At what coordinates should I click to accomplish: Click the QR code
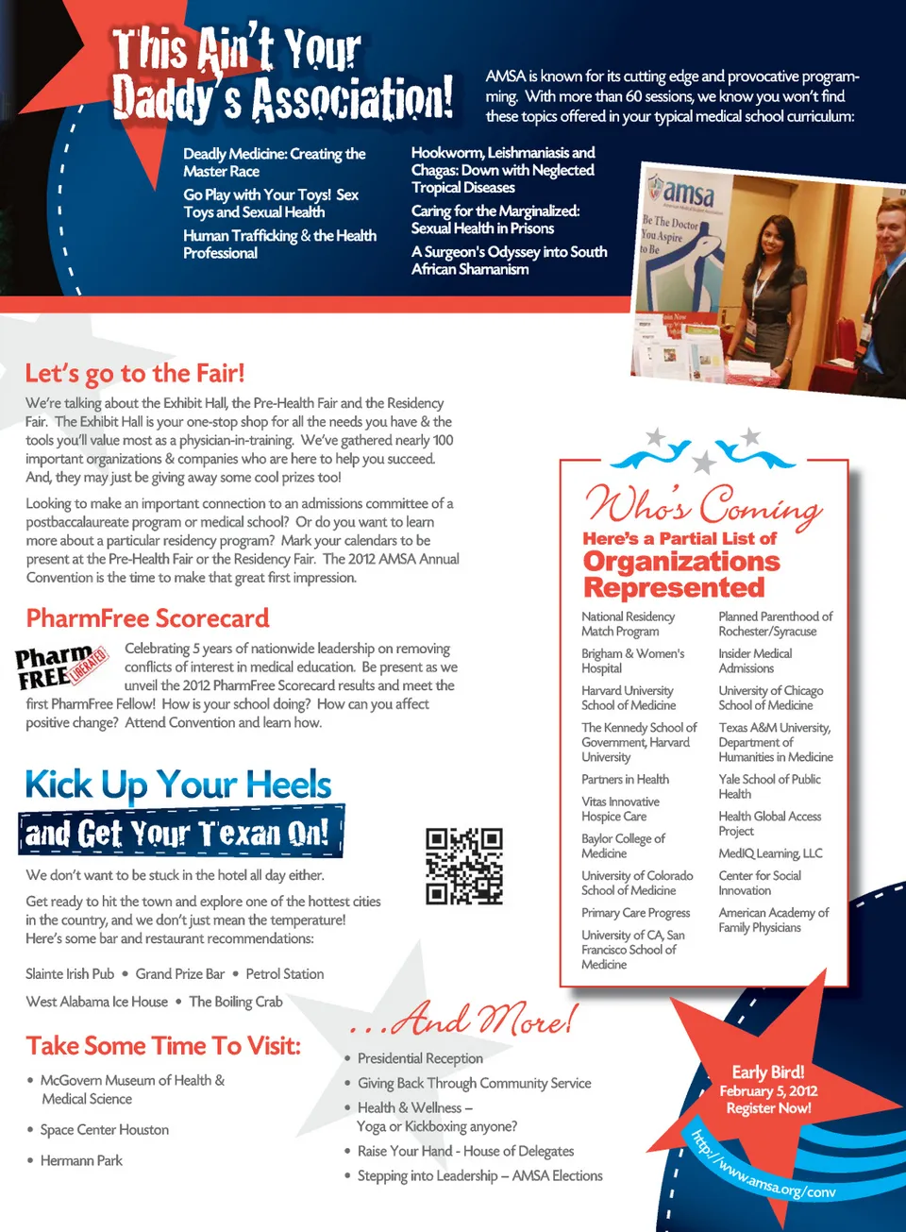click(464, 867)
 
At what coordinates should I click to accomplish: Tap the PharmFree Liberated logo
click(61, 666)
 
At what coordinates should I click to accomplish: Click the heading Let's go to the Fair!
click(135, 374)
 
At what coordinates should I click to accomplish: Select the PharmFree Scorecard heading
click(148, 618)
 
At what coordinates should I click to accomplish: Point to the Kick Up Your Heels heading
click(178, 785)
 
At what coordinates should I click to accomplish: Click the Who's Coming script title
click(703, 503)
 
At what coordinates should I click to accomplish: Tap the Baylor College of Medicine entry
click(623, 846)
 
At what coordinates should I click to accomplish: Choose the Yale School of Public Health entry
click(769, 786)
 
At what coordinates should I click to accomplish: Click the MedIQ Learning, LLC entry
click(770, 853)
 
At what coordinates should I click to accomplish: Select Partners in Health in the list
click(625, 780)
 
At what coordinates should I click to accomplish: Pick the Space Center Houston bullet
click(104, 1130)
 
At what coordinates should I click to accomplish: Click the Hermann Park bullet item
click(81, 1161)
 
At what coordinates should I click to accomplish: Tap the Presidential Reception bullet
click(420, 1059)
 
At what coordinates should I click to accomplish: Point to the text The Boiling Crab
click(235, 1002)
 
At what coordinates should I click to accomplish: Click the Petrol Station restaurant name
click(284, 974)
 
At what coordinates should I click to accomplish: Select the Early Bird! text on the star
click(768, 1072)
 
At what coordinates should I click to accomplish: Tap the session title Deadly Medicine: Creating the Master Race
click(274, 162)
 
